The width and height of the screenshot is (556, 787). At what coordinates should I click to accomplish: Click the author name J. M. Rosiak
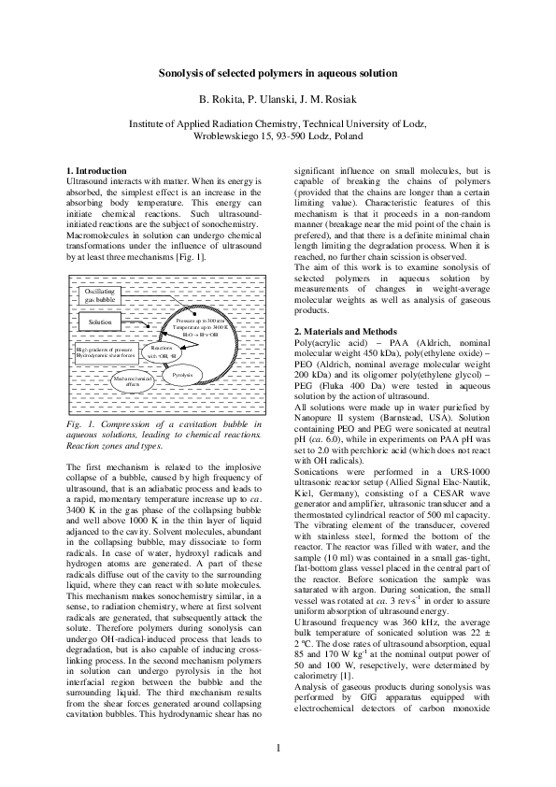(x=332, y=97)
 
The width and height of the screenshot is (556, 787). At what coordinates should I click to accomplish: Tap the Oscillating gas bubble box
(x=99, y=295)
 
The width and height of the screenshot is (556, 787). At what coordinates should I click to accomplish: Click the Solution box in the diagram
(x=99, y=322)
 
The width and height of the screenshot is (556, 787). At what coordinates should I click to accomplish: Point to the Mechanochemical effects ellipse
(x=133, y=379)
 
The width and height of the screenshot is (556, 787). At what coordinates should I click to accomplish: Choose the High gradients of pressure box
(x=106, y=352)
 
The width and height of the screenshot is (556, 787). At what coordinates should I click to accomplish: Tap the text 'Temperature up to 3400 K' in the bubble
(x=200, y=328)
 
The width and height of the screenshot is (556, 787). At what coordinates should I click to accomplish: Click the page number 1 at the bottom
(x=278, y=748)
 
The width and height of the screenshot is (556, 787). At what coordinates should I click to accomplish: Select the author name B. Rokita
(x=220, y=97)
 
